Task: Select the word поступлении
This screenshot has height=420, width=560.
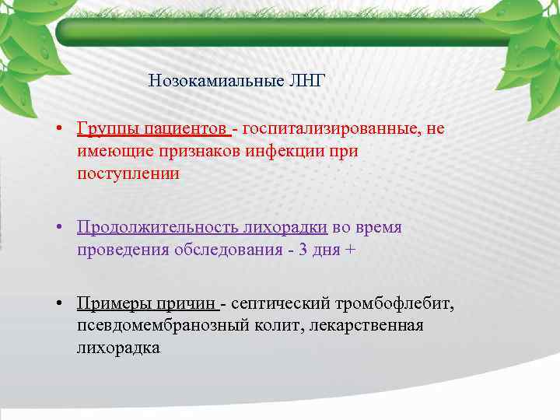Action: coord(128,173)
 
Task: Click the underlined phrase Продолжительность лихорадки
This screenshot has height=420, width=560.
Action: coord(201,227)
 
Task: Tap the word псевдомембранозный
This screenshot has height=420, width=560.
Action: coord(163,325)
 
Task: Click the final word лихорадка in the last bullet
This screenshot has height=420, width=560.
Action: coord(118,348)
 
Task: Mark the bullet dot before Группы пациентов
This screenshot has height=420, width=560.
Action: coord(59,129)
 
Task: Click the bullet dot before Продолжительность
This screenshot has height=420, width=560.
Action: coord(59,228)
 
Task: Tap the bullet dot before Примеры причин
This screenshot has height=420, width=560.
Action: coord(59,303)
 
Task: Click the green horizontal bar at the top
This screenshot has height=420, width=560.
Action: coord(280,32)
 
